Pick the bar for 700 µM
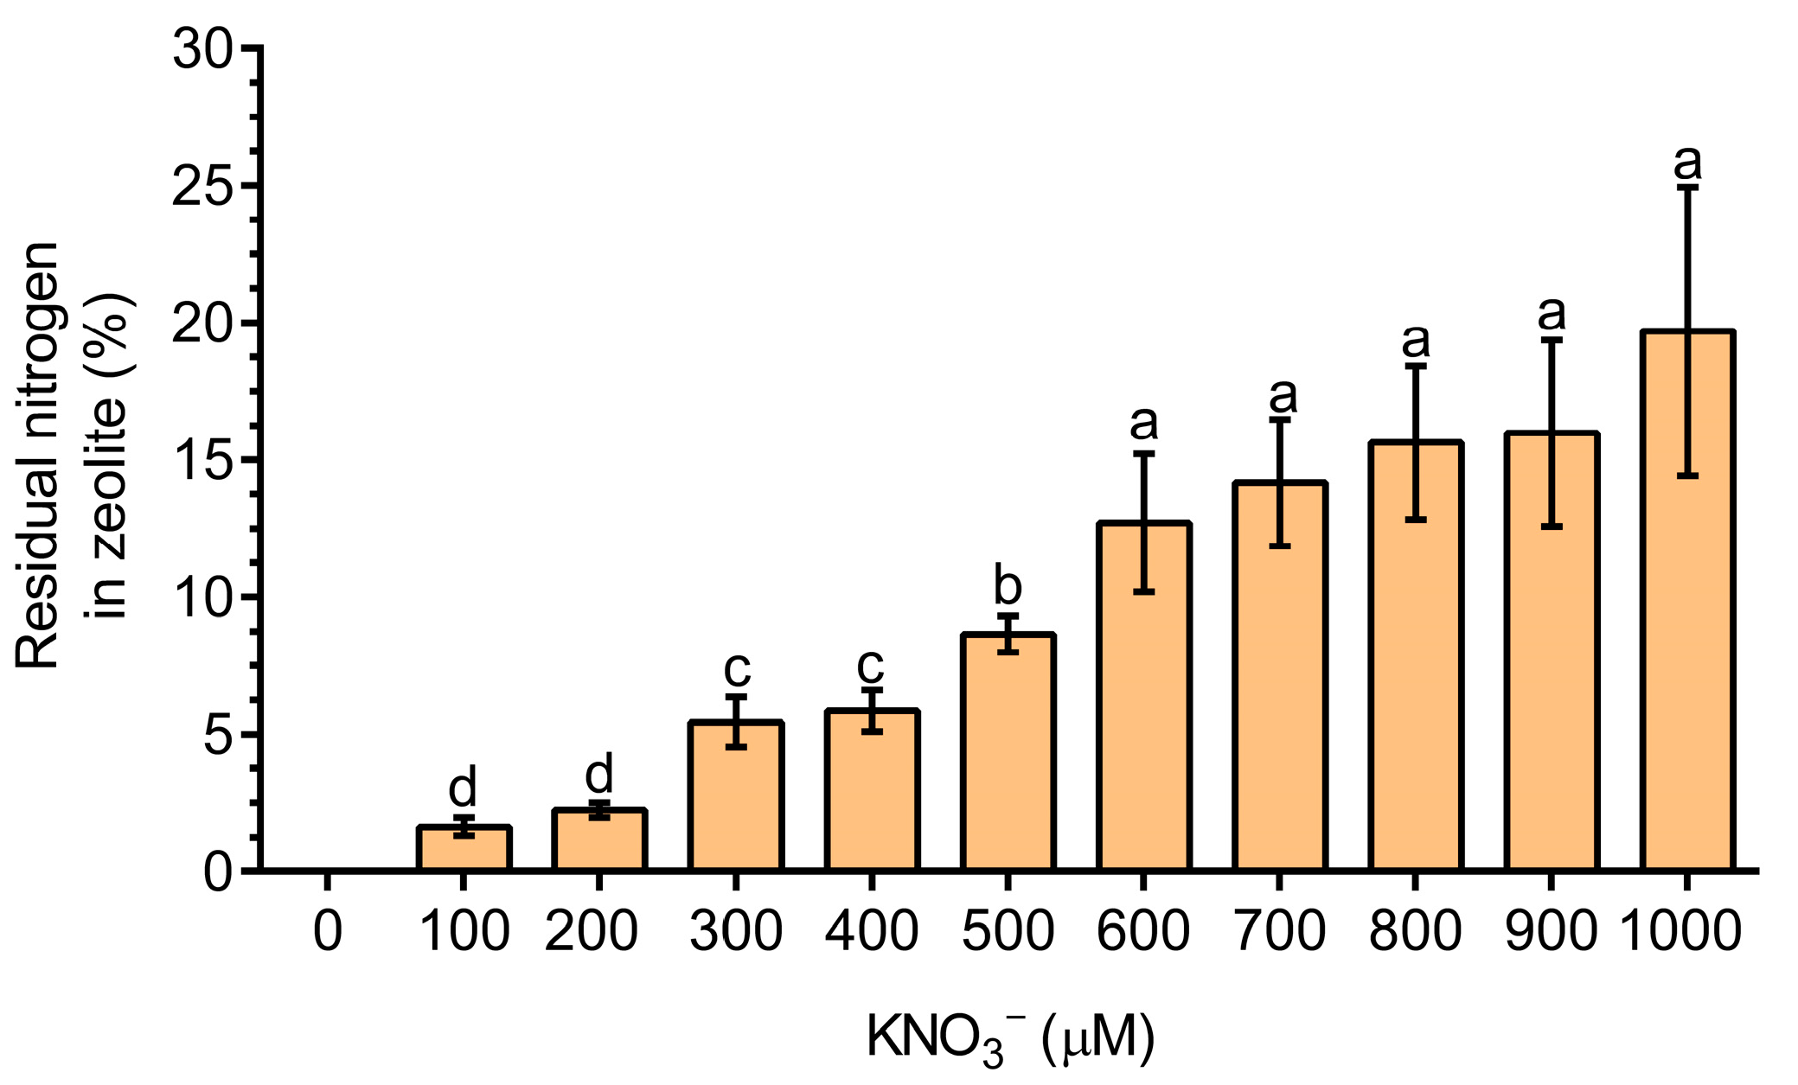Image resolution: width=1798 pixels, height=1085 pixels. [1279, 692]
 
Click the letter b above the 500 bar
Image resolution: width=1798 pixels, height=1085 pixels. [1008, 586]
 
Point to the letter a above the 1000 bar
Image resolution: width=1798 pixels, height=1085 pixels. [1687, 162]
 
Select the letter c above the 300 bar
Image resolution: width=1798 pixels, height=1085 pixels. [737, 668]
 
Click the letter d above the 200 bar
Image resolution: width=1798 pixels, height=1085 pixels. [599, 774]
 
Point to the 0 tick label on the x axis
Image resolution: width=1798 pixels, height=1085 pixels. [328, 932]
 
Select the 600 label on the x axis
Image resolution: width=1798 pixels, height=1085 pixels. [1143, 932]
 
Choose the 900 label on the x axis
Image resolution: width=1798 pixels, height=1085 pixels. [1551, 932]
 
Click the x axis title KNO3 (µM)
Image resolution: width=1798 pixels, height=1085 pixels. [1010, 1037]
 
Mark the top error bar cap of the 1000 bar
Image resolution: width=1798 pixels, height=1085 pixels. [1687, 187]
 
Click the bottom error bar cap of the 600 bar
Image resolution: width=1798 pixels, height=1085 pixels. [1143, 592]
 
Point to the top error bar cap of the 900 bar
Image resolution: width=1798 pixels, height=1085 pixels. [1552, 341]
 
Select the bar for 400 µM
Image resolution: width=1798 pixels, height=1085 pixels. [872, 791]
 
